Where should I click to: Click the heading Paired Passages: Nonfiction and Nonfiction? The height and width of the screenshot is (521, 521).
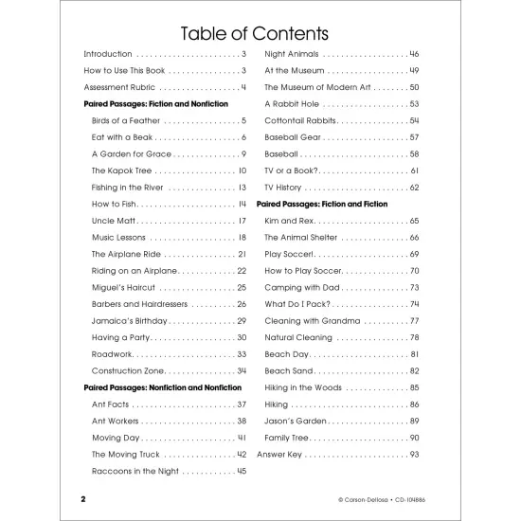point(163,386)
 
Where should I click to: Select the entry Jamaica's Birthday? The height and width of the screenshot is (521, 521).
point(128,320)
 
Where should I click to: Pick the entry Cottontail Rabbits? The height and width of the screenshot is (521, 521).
point(300,120)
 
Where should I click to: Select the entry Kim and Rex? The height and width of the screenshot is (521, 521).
point(289,221)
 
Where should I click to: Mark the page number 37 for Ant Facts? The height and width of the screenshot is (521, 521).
point(242,404)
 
